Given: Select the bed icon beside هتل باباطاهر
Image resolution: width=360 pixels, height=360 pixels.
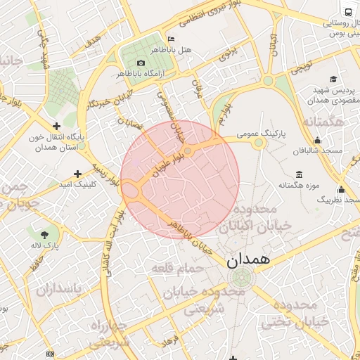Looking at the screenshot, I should pyautogui.click(x=171, y=38).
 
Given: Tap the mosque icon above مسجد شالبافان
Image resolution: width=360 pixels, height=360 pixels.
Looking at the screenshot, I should pyautogui.click(x=318, y=140).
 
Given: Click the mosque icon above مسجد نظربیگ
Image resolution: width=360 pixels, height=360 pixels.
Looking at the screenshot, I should pyautogui.click(x=342, y=188).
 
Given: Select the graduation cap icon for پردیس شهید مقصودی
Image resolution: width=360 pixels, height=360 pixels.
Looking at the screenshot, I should pyautogui.click(x=333, y=79).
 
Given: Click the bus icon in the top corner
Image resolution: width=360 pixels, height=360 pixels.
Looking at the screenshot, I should pyautogui.click(x=349, y=12).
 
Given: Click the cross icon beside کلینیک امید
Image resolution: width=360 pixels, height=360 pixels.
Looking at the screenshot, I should pyautogui.click(x=77, y=173).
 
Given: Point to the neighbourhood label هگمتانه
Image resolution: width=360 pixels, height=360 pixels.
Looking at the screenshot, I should pyautogui.click(x=326, y=124).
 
